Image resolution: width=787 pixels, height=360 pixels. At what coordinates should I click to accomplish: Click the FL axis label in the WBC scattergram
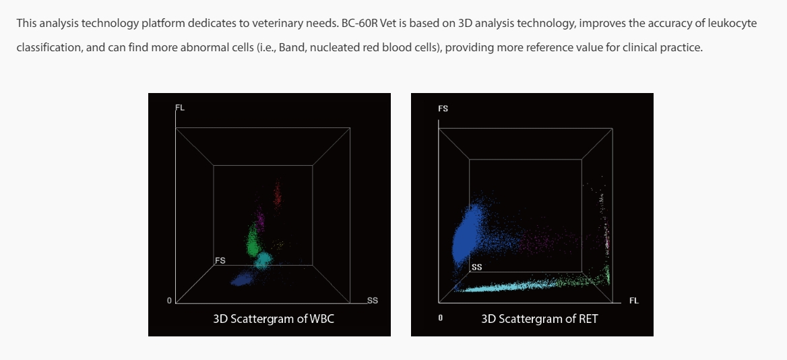click(179, 107)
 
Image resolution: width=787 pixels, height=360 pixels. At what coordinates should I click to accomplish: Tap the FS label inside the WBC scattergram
click(220, 260)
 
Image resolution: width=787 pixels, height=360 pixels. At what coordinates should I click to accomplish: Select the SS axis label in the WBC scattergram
click(372, 300)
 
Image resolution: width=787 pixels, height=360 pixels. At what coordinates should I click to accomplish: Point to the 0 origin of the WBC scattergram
click(169, 300)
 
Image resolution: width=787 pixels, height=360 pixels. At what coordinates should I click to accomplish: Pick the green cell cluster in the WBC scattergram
click(253, 239)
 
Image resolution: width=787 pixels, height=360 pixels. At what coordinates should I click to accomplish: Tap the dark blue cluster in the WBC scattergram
click(241, 278)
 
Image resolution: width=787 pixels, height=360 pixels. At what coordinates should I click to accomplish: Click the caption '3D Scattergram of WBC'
click(274, 319)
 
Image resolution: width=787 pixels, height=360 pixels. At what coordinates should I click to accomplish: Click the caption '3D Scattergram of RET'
click(539, 319)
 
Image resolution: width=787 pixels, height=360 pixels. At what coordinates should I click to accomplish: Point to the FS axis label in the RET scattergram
click(443, 108)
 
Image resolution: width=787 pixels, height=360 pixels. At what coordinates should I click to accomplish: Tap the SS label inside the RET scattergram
click(476, 267)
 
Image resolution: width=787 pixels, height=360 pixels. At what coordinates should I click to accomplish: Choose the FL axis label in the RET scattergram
click(633, 301)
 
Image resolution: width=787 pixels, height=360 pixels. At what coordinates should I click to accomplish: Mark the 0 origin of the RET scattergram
click(441, 318)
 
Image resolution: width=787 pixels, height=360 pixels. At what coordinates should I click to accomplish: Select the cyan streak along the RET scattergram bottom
click(512, 287)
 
